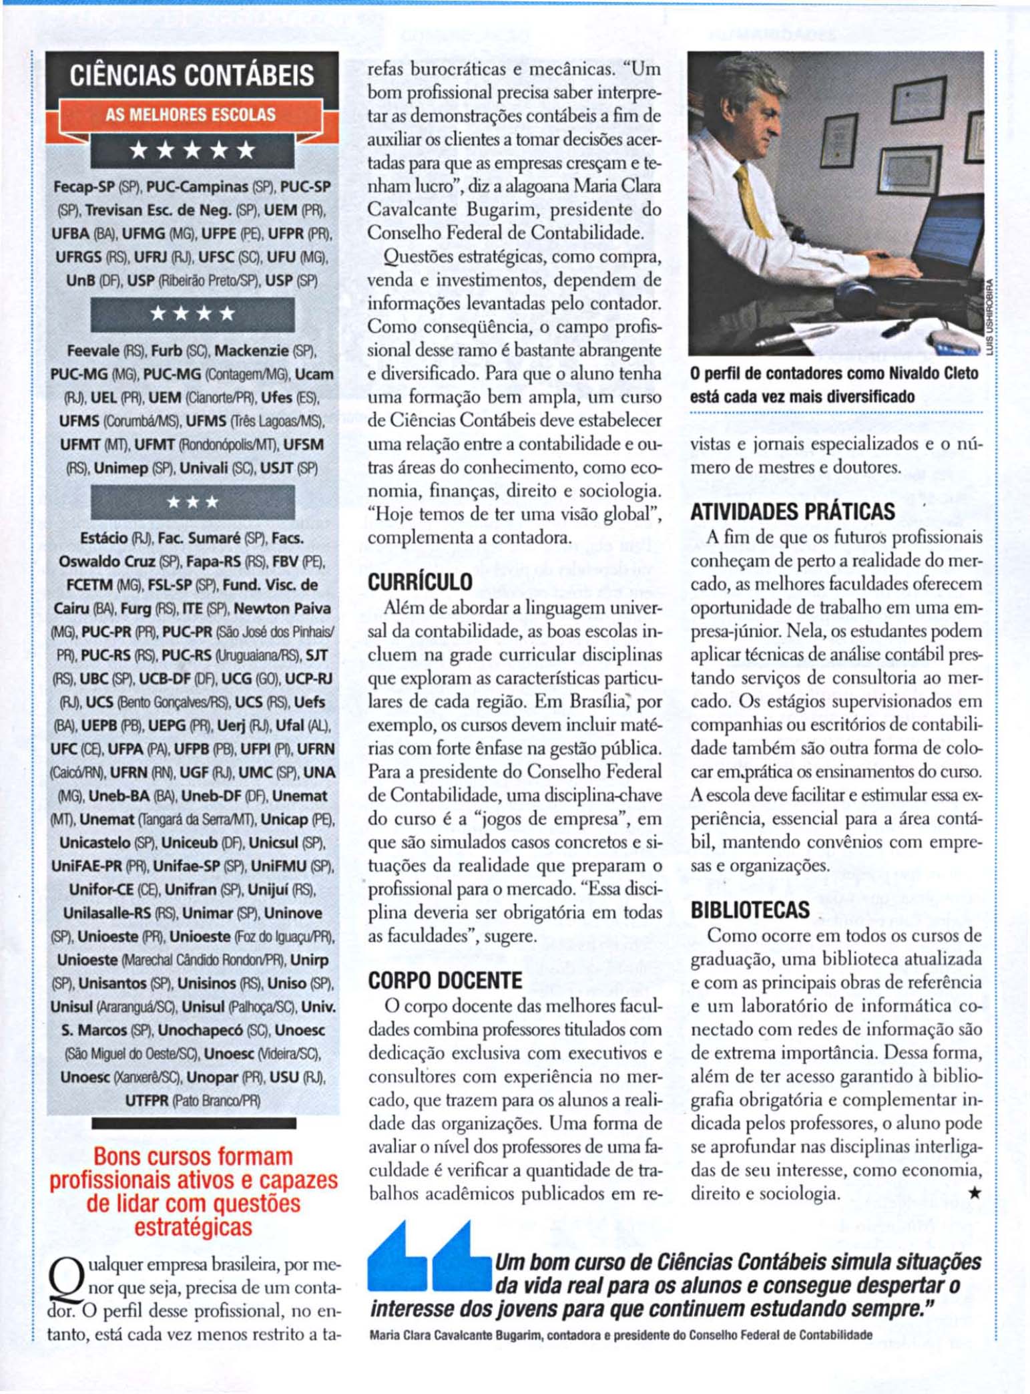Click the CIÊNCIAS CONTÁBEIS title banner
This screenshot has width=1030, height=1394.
click(192, 75)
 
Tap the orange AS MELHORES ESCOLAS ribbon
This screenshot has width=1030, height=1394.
click(191, 115)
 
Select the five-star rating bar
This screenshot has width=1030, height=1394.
click(192, 150)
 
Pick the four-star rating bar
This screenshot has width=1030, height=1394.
click(192, 313)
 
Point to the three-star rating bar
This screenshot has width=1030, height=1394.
click(192, 502)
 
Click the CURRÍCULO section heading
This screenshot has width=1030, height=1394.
click(420, 582)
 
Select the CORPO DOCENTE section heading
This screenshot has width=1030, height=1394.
click(445, 981)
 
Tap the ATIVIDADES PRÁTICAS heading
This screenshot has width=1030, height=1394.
click(792, 512)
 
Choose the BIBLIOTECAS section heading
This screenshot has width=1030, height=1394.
click(750, 910)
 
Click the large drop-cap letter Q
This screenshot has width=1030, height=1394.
click(63, 1276)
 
